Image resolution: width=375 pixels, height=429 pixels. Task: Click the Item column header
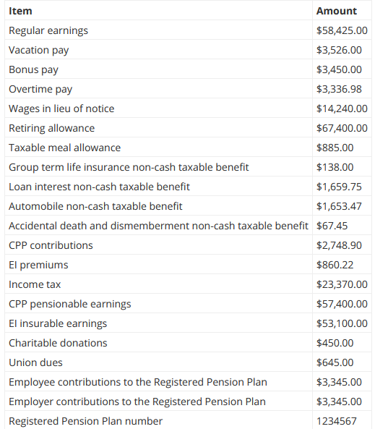20,11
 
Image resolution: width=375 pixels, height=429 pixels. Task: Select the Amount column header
336,11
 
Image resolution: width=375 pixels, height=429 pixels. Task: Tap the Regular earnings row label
48,30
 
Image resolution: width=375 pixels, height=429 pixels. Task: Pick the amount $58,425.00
342,30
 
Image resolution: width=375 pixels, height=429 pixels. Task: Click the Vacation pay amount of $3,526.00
339,50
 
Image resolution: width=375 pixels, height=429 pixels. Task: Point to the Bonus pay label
33,69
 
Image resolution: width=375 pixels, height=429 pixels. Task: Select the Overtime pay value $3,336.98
339,89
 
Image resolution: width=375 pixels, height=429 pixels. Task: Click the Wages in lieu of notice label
61,109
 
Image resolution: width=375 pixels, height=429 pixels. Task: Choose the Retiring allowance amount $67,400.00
342,128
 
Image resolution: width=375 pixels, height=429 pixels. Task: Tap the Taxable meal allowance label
64,148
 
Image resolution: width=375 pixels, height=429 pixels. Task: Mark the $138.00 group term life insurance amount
335,167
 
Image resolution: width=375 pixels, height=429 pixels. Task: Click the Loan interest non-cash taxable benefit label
99,187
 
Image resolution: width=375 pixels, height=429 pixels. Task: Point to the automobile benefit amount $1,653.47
339,206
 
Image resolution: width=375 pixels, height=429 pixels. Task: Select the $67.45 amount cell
332,226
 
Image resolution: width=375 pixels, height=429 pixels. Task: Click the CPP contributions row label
51,245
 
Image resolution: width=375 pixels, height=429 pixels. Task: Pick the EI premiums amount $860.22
335,265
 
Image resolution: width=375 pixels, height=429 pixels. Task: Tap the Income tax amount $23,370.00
342,284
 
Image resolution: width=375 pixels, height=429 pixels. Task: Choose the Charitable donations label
58,343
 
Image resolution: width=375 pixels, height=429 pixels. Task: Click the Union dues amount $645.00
335,362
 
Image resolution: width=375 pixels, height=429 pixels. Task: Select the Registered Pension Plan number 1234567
337,421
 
